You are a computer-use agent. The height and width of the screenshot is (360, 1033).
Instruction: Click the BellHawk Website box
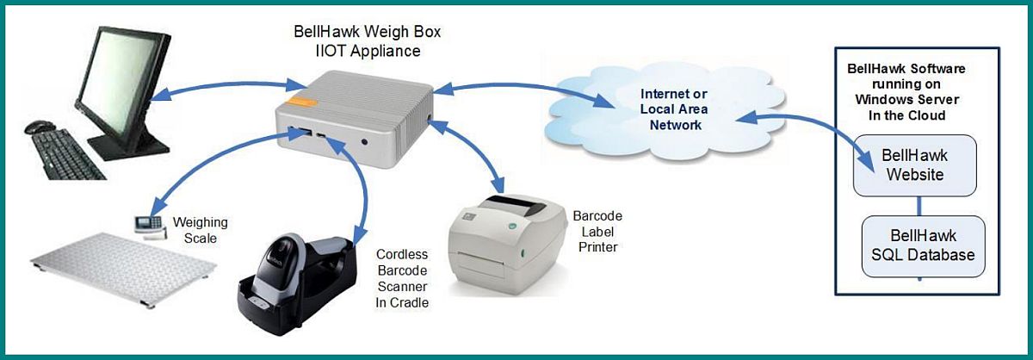914,164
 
